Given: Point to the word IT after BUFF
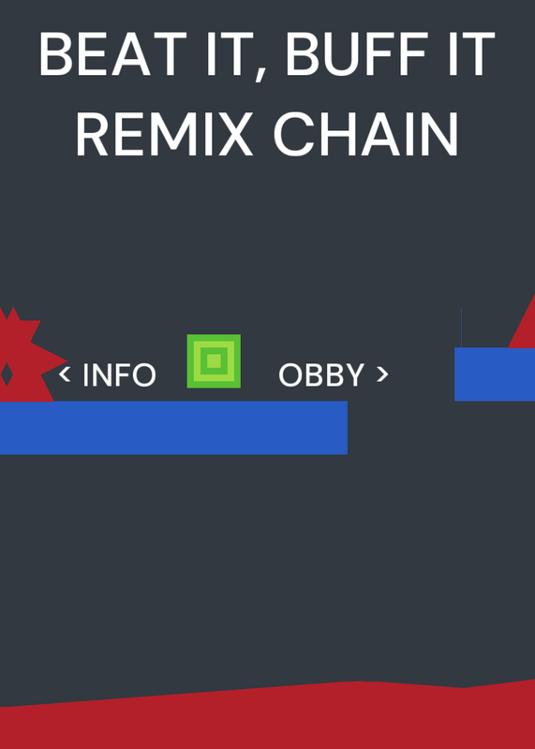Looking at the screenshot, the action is [x=471, y=54].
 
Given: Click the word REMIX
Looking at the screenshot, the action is [x=165, y=134].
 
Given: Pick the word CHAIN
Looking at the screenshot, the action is [x=366, y=134].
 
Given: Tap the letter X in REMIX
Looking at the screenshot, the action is [x=233, y=134].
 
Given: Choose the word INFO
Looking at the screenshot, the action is [x=120, y=375].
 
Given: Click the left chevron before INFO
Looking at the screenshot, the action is [x=65, y=374].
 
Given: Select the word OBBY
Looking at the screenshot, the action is [x=321, y=375].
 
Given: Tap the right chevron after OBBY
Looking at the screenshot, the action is [x=382, y=374].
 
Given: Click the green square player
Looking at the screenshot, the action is [x=214, y=361].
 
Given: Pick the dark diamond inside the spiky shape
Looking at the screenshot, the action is [x=7, y=374].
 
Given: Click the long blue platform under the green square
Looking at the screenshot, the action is [x=173, y=428].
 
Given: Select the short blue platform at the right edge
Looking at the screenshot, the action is [x=495, y=374].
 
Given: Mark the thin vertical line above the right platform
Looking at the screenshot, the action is [x=461, y=327].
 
